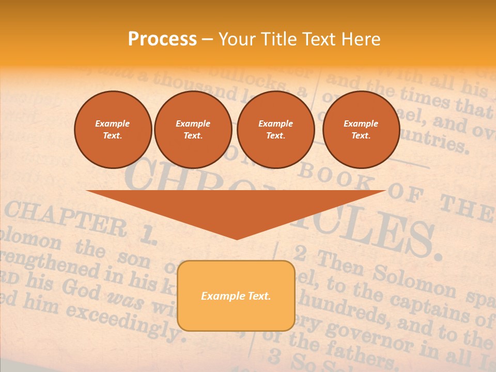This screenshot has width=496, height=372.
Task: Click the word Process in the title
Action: [x=162, y=39]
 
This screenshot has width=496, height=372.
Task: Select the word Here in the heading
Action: [x=360, y=39]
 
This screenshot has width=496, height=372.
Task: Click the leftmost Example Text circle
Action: [x=113, y=130]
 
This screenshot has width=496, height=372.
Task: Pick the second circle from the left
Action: [x=193, y=130]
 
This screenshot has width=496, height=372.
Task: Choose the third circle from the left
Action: [x=275, y=130]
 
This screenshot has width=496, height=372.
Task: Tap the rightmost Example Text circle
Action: [x=361, y=130]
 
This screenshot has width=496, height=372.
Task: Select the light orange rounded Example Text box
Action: [x=236, y=296]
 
